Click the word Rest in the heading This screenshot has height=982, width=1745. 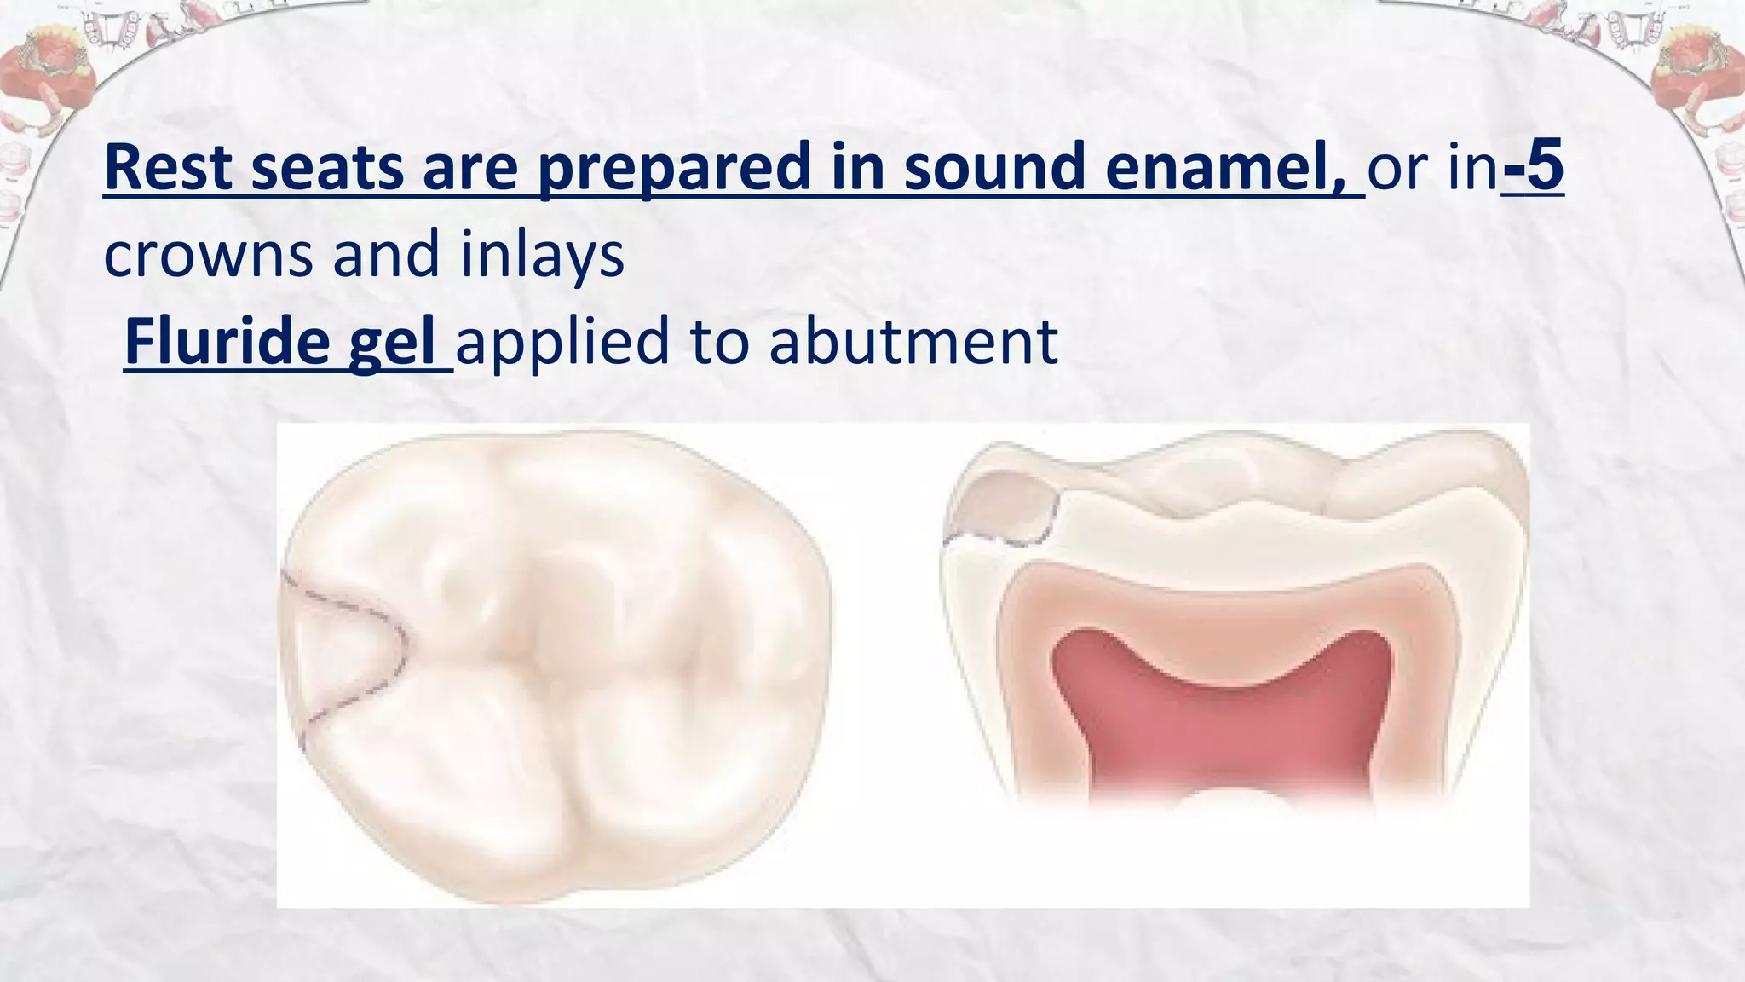[168, 168]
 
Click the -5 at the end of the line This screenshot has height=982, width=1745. [1534, 168]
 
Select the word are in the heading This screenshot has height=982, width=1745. [469, 168]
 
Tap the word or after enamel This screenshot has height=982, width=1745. [1397, 168]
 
